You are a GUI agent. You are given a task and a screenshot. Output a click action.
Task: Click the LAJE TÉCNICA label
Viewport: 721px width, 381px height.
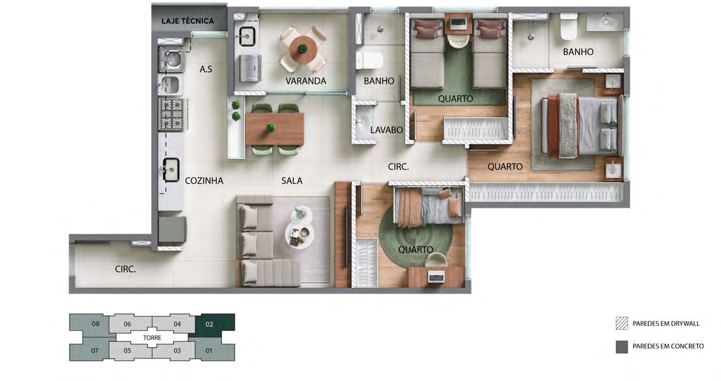tap(188, 21)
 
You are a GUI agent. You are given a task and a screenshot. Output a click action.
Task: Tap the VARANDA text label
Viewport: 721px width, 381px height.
tap(306, 81)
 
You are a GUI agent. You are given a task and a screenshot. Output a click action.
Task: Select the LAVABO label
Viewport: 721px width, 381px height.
tap(386, 130)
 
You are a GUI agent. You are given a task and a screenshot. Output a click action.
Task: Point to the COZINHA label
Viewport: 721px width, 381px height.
tap(204, 181)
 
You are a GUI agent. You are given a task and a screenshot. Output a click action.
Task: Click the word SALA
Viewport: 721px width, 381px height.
tap(292, 181)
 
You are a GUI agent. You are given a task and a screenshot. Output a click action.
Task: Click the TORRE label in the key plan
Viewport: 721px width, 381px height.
tap(152, 338)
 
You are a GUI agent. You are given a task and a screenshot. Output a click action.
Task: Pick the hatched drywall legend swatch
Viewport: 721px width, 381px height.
tap(621, 324)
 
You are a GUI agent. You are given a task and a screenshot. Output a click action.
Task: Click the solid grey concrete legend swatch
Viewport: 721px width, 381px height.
tap(621, 347)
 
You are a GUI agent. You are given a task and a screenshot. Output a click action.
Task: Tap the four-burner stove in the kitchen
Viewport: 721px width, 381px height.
tap(172, 114)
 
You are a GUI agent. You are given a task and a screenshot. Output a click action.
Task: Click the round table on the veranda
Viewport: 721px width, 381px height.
tap(303, 49)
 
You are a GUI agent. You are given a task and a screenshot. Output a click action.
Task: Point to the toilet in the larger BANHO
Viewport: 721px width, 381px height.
tap(568, 26)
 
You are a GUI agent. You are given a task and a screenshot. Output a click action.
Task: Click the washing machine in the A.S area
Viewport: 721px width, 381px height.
tap(172, 59)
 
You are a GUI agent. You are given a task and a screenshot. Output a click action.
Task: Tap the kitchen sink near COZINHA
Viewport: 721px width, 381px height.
tap(172, 170)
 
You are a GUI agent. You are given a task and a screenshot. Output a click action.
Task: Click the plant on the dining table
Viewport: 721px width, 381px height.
tap(271, 127)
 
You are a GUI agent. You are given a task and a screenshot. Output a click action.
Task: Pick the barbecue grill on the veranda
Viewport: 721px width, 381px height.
tap(250, 68)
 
